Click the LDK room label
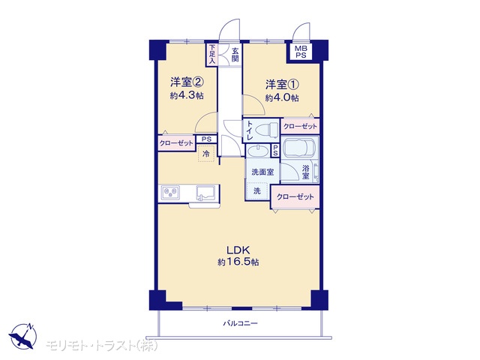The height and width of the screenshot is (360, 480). point(238,250)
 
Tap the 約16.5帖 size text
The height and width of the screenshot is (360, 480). point(238,262)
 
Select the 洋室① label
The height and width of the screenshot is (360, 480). point(282,84)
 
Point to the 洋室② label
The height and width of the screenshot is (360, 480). point(187,82)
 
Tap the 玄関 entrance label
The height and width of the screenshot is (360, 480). point(235,55)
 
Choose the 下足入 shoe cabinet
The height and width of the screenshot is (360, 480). point(212,55)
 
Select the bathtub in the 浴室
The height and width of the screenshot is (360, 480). point(300,148)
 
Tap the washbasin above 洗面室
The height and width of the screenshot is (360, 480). point(258,151)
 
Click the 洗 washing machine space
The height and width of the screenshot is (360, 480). point(257,191)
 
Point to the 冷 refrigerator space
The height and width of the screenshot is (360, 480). point(206,153)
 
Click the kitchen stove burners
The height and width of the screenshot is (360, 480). point(170,193)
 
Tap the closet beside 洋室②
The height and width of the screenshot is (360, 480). point(177,143)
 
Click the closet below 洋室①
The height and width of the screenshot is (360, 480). point(300,126)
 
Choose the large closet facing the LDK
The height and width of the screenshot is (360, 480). point(295,196)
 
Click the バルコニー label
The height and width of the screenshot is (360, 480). point(240,323)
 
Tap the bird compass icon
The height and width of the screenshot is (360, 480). point(23,335)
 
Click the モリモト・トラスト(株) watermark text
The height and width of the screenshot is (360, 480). point(102,346)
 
